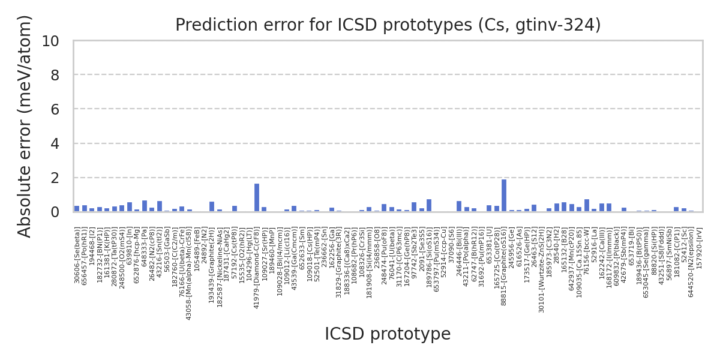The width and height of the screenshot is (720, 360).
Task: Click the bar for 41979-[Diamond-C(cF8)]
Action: coord(257,198)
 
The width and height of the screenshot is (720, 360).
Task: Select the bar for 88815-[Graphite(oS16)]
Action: coord(504,196)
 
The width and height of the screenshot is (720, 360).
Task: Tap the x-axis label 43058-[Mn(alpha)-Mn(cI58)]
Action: coord(190,273)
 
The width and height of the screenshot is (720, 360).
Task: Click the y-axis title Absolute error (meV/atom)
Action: coord(25,126)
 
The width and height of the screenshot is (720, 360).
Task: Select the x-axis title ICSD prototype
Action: coord(388,334)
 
